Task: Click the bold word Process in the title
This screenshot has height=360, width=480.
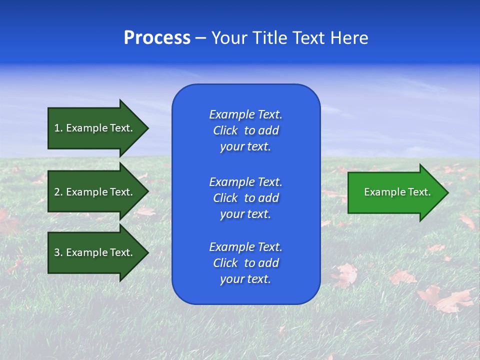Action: [157, 38]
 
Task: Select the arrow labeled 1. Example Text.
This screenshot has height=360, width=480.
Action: [93, 128]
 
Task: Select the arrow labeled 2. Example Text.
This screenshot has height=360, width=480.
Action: [93, 192]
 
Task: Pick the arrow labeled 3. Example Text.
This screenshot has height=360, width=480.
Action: [93, 252]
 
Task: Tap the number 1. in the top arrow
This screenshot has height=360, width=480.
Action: [58, 128]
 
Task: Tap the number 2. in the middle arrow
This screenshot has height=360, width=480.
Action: [58, 192]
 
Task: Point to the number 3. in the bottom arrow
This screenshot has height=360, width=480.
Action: [58, 252]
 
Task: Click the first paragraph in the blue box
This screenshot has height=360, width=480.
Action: [245, 130]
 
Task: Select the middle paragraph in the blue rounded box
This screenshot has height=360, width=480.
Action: [245, 198]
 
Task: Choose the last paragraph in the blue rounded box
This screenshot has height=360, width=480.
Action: [245, 263]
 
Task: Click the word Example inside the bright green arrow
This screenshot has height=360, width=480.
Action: [380, 192]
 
